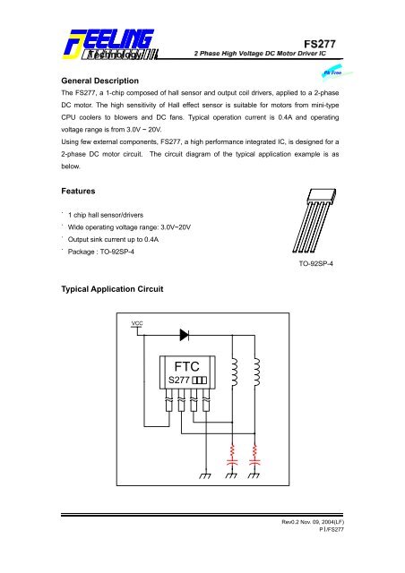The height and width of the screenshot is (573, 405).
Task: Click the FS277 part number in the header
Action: (329, 39)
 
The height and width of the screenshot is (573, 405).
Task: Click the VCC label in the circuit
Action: (136, 346)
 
